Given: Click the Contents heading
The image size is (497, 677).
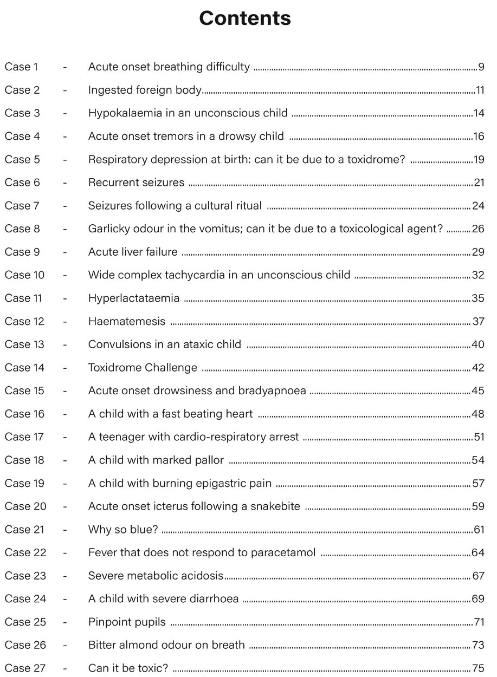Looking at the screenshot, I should coord(245,18).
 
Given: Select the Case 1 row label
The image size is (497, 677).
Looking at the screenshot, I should coord(21,67).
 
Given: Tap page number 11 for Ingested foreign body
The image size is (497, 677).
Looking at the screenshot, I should coord(480,90).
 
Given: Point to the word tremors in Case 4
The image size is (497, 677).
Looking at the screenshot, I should coord(166,136).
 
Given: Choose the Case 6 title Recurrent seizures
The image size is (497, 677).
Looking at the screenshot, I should coord(136,183).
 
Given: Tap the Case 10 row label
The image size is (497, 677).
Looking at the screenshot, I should coord(24,275).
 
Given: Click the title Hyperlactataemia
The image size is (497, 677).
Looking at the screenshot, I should coord(133,298).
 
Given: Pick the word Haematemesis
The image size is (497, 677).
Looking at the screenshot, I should coord(126,322).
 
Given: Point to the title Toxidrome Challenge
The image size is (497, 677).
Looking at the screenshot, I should coord(143,368).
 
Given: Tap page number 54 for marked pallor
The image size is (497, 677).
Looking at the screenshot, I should coord(478,460).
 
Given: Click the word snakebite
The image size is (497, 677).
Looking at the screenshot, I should coord(275,506).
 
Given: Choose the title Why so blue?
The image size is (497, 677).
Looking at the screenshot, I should coord(123,530).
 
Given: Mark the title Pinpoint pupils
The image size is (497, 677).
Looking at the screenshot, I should coord(127,622).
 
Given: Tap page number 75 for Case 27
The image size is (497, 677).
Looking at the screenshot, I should coord(478,668).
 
